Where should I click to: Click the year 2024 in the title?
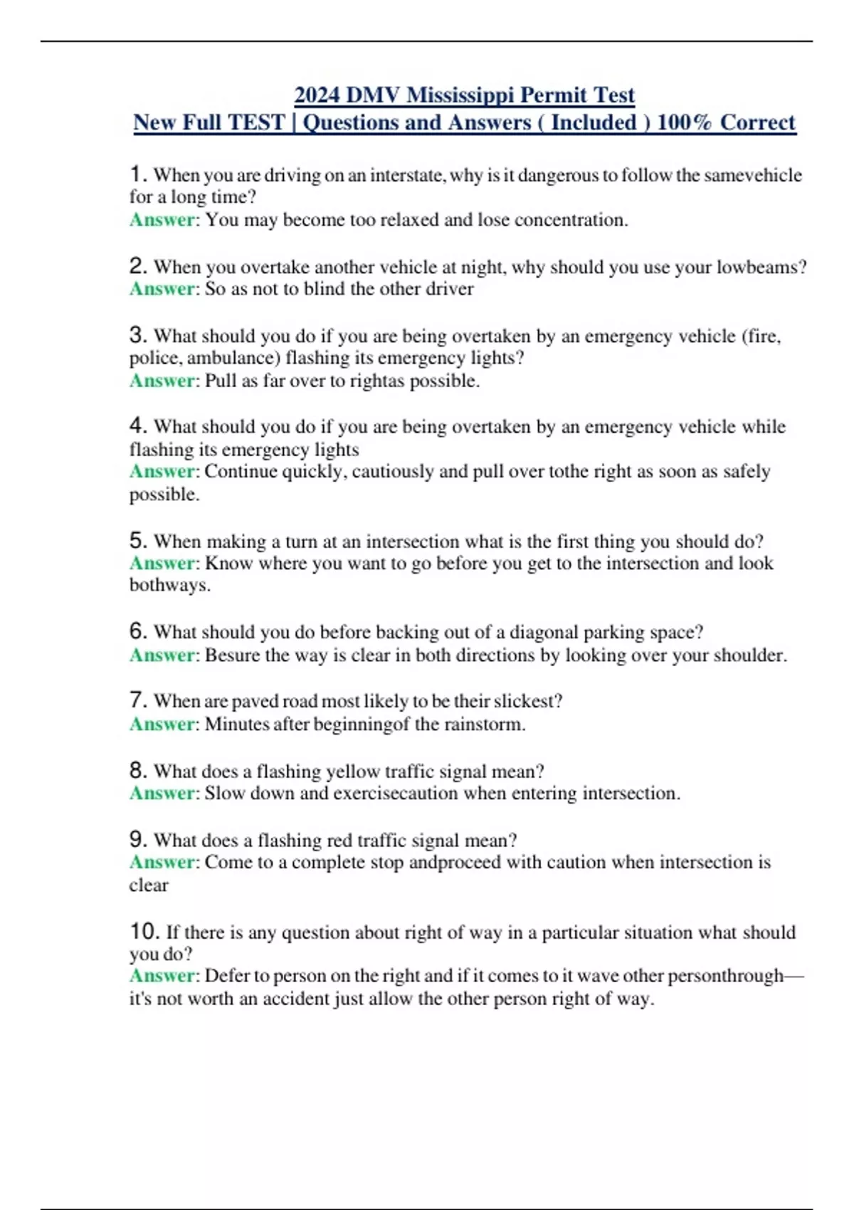coord(317,95)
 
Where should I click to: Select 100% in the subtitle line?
coord(684,122)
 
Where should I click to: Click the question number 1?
coord(138,174)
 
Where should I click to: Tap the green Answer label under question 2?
coord(162,289)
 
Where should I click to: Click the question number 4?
coord(138,426)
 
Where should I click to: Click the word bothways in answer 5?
coord(169,585)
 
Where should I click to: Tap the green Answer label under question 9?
coord(162,863)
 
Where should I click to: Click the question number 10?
coord(144,931)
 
